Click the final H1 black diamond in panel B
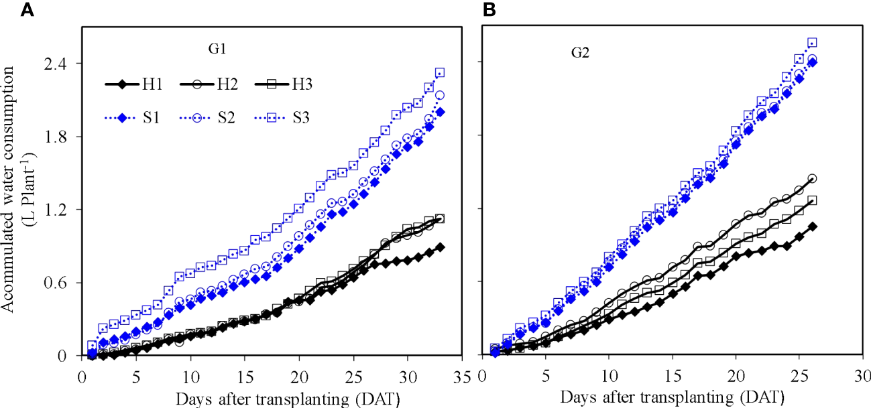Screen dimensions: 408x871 coord(813,226)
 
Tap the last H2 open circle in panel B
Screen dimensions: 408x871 coord(813,178)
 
